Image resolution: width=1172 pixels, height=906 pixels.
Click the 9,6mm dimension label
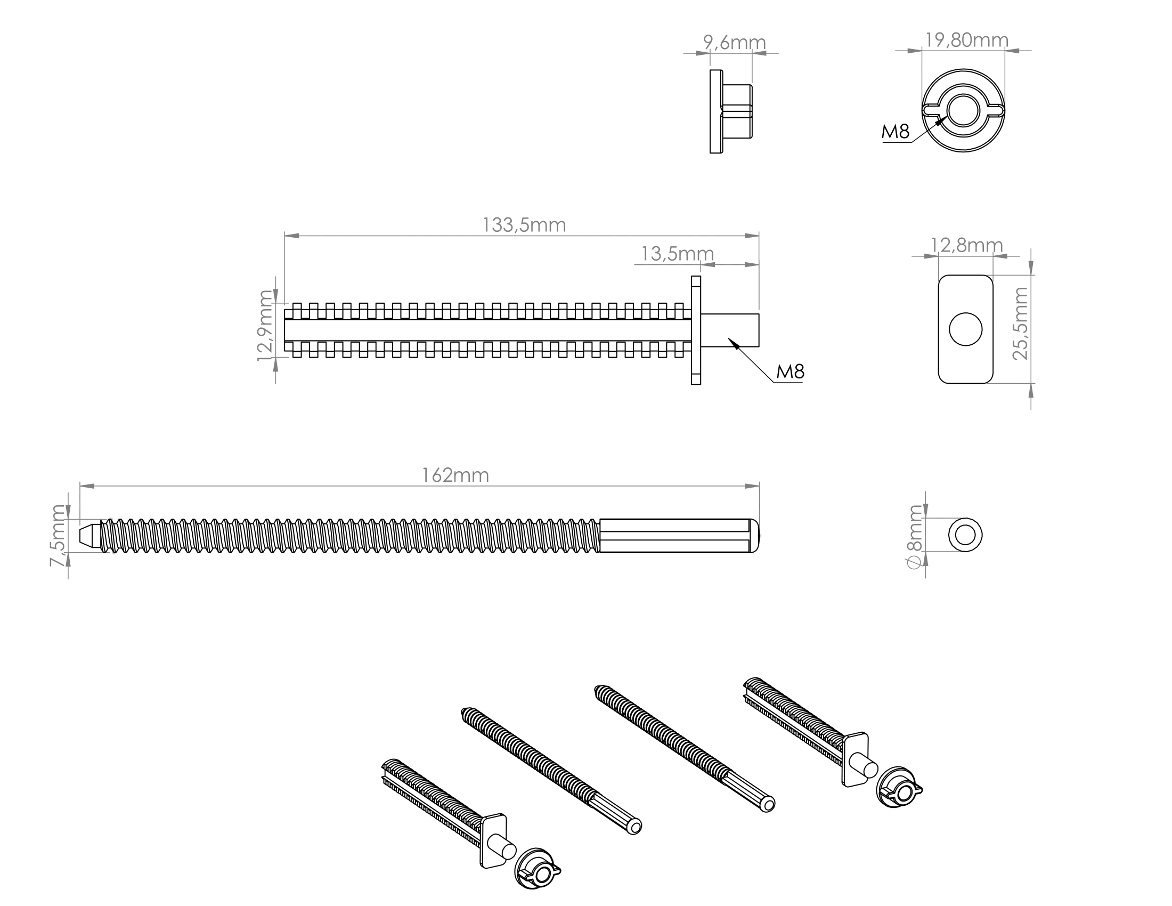pyautogui.click(x=734, y=42)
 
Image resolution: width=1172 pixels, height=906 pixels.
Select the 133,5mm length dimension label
pyautogui.click(x=524, y=225)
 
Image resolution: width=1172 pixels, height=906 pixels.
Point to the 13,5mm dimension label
pyautogui.click(x=677, y=253)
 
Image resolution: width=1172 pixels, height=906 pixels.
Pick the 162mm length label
pyautogui.click(x=455, y=475)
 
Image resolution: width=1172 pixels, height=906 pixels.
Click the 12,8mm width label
pyautogui.click(x=966, y=245)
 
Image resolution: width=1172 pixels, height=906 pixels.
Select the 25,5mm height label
pyautogui.click(x=1020, y=323)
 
